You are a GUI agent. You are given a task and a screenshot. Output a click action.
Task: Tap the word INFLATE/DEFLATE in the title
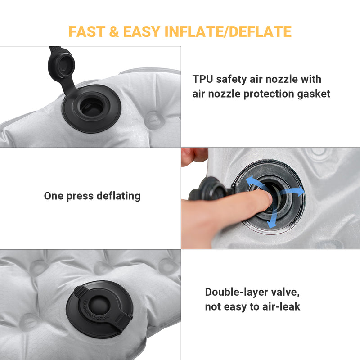(229, 31)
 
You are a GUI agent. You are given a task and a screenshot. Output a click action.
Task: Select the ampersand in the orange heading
(114, 31)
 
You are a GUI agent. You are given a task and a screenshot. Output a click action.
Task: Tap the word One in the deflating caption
(53, 196)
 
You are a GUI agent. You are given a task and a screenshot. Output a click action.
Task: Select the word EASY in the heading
(141, 31)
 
